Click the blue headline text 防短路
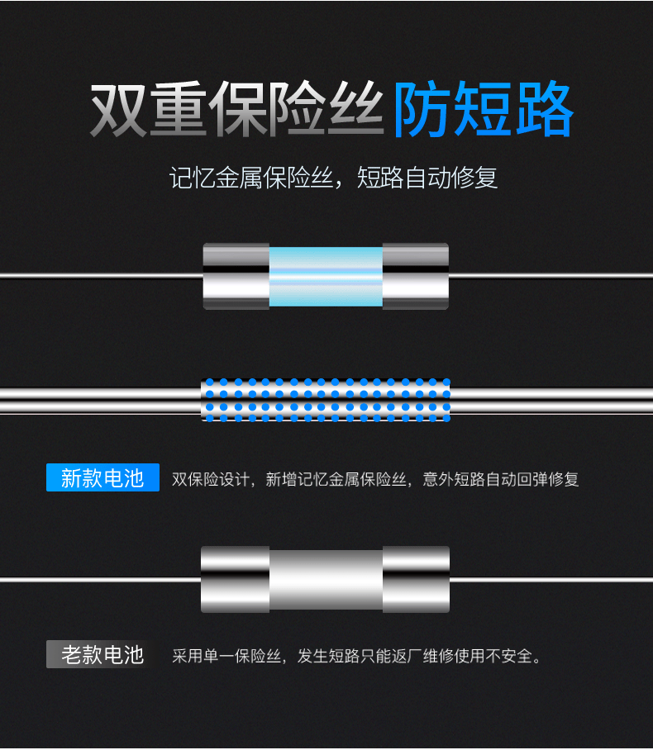(484, 109)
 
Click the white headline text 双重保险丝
(237, 109)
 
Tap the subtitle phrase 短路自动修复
(427, 178)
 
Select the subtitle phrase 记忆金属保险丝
(250, 178)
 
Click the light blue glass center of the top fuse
(326, 277)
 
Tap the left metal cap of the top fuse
(236, 276)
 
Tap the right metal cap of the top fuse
(416, 276)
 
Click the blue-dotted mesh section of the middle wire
(326, 400)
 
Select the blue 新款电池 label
(102, 477)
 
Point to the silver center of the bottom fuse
(326, 580)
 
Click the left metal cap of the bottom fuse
(235, 579)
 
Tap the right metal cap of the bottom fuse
(416, 579)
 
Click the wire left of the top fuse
(102, 276)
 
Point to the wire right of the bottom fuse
(551, 580)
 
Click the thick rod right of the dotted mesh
(552, 401)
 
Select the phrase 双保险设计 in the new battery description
(210, 479)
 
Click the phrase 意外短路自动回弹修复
(501, 479)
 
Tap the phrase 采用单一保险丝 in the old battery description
(226, 656)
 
